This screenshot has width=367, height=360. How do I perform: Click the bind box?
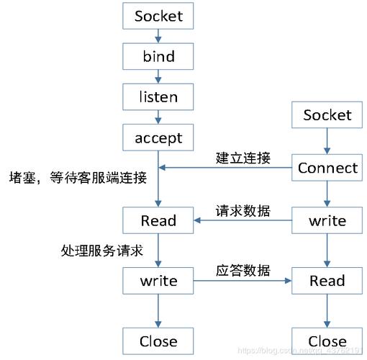(x=158, y=55)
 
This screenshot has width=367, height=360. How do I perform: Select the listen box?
(x=158, y=96)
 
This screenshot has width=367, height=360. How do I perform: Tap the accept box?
(x=158, y=138)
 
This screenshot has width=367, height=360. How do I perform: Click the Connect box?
(x=327, y=168)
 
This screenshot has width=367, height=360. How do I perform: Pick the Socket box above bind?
(x=158, y=16)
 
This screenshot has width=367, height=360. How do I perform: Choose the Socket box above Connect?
(x=327, y=115)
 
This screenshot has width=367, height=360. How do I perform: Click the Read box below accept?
(x=158, y=220)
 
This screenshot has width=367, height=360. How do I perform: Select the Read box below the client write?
(x=327, y=281)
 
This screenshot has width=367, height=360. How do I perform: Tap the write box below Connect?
(x=327, y=220)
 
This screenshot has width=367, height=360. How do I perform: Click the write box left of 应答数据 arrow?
(x=158, y=281)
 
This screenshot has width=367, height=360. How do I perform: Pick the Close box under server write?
(x=158, y=341)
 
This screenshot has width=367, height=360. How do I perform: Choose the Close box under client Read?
(x=327, y=341)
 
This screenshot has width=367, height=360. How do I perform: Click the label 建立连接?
(x=243, y=158)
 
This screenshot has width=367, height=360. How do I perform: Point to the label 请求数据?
(x=243, y=211)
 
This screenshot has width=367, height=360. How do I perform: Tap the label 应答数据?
(x=243, y=271)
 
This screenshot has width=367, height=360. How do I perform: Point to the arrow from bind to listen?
(x=158, y=76)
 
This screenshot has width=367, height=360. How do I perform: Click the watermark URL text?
(x=302, y=351)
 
